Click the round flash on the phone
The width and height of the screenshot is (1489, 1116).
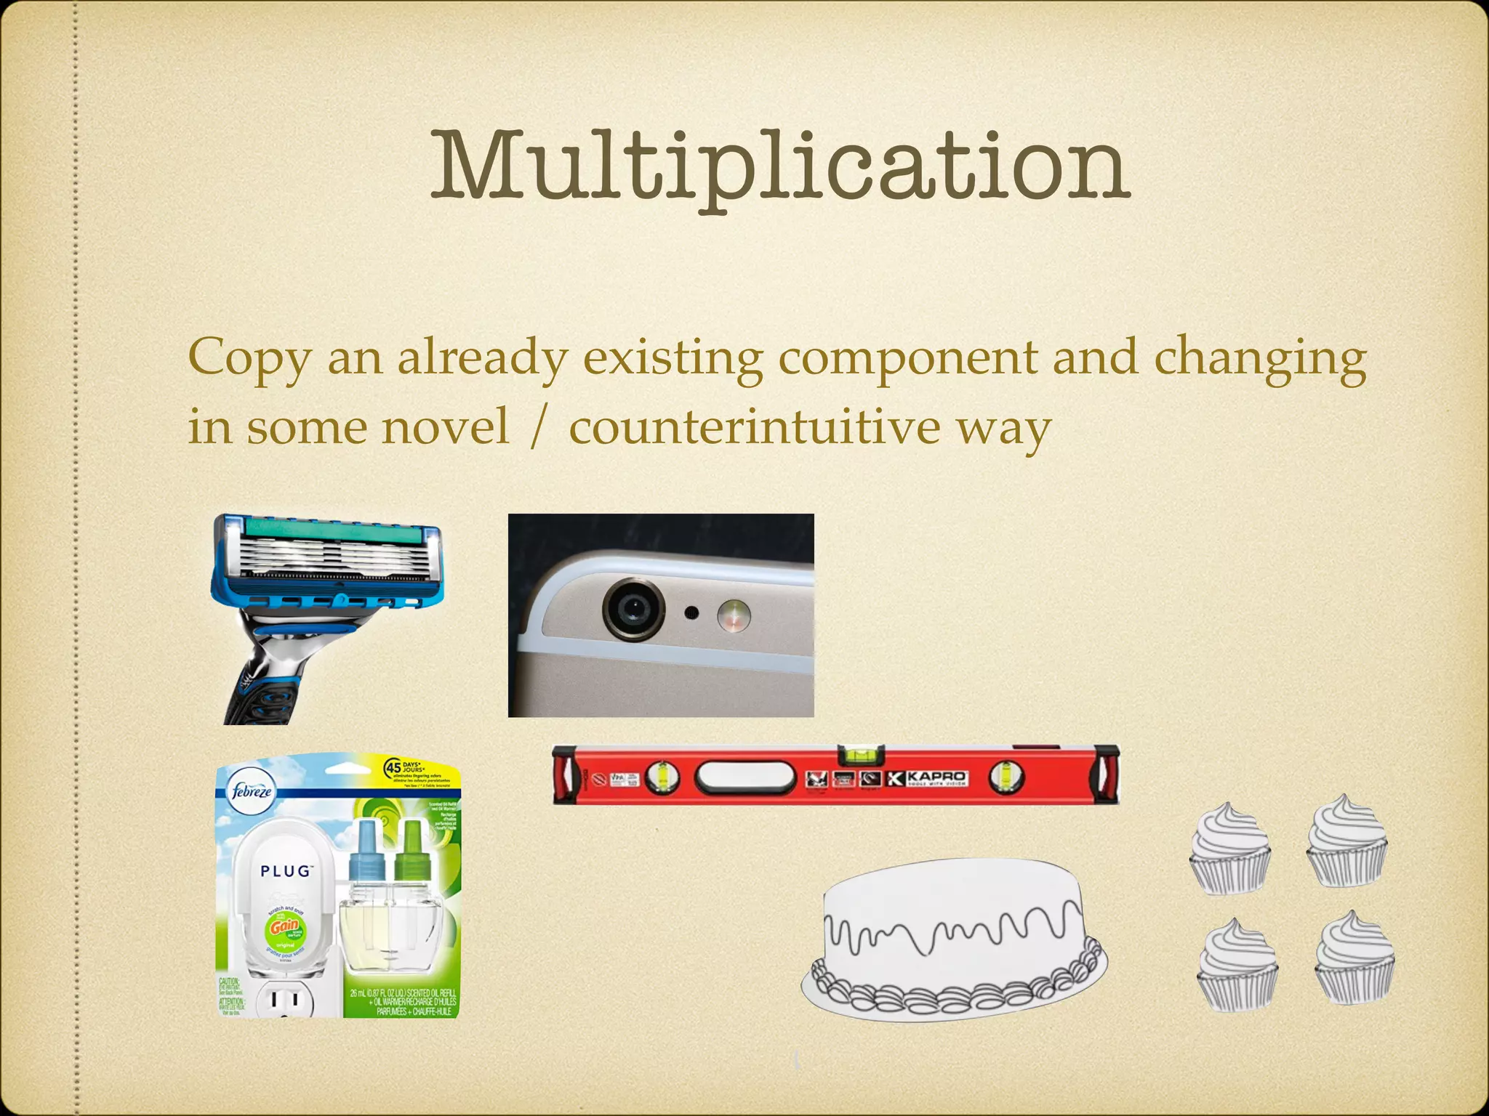(x=733, y=615)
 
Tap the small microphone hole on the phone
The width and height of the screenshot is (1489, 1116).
(x=692, y=613)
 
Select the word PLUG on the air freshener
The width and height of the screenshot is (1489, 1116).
(x=286, y=871)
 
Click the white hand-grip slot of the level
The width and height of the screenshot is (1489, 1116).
(x=745, y=777)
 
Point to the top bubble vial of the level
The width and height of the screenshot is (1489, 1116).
(x=861, y=755)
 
